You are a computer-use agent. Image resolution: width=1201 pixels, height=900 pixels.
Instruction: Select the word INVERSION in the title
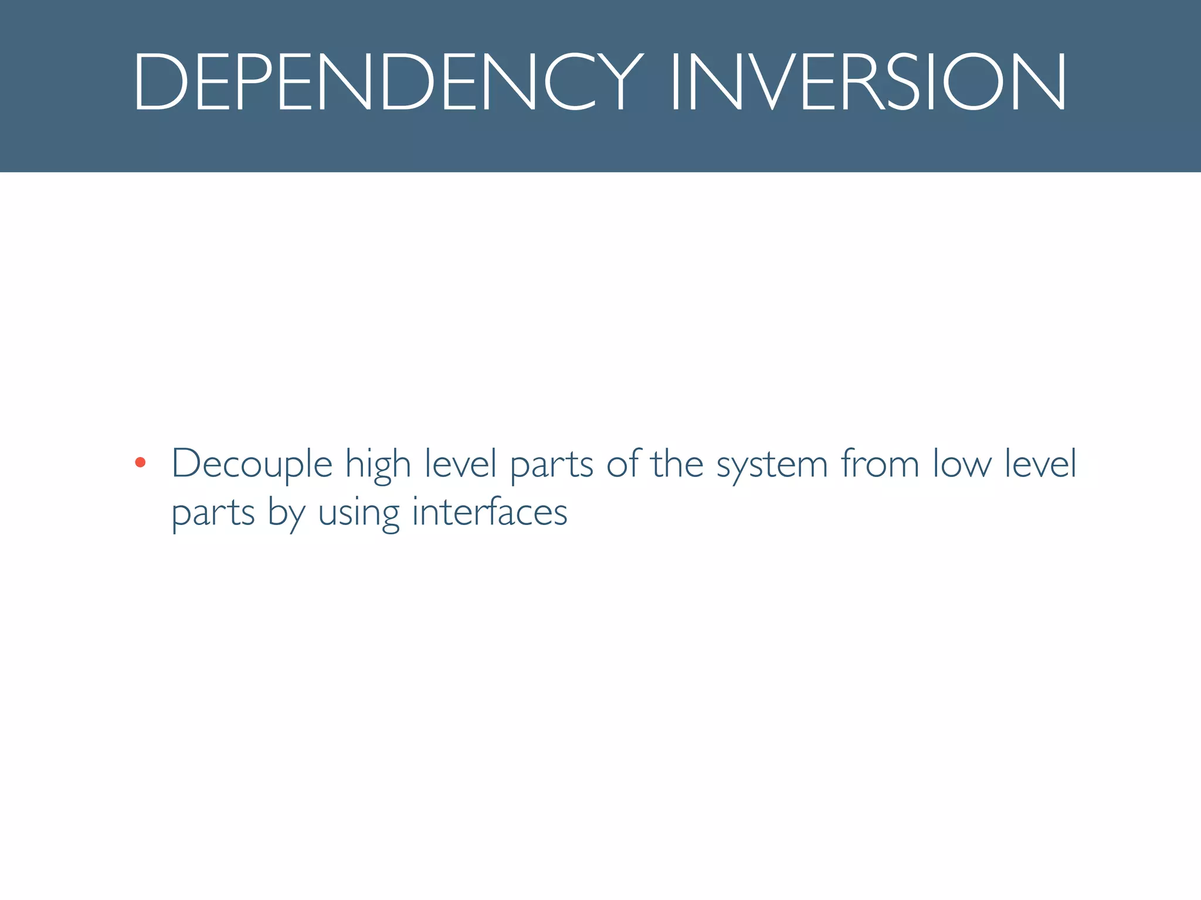coord(868,81)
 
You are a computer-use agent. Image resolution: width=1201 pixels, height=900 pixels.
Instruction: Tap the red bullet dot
coord(140,462)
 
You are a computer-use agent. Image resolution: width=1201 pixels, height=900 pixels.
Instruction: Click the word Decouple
coord(252,465)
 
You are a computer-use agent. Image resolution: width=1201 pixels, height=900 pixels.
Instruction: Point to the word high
coord(378,465)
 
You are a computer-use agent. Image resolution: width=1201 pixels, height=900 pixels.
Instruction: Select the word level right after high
coord(460,463)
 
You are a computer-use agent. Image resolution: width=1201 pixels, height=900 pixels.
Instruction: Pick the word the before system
coord(677,463)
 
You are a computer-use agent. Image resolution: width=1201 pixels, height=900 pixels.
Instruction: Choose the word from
coord(880,463)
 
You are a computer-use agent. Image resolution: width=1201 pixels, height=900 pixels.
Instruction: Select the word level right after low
coord(1041,463)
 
